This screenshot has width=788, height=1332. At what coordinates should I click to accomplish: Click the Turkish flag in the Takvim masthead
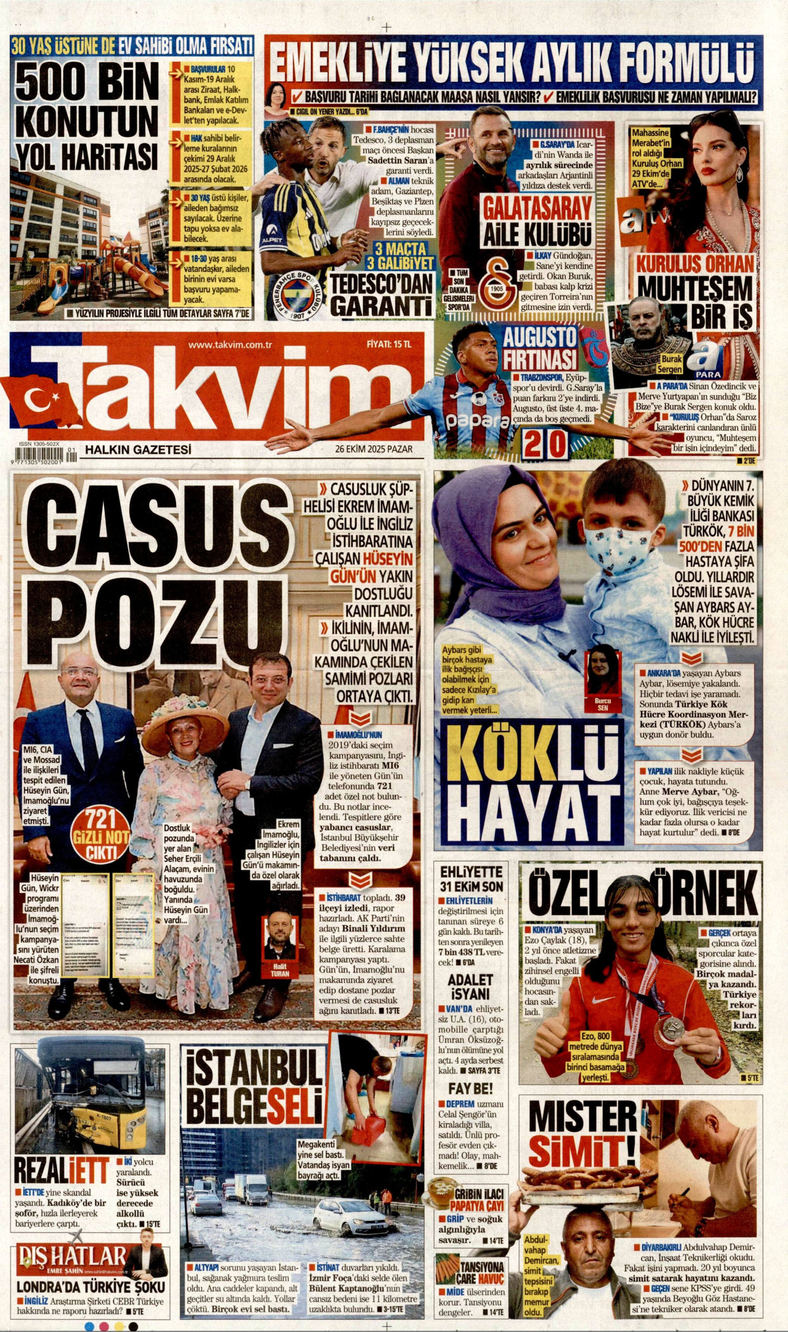[x=43, y=401]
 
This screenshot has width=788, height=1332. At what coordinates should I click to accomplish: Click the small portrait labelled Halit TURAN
[x=279, y=937]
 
